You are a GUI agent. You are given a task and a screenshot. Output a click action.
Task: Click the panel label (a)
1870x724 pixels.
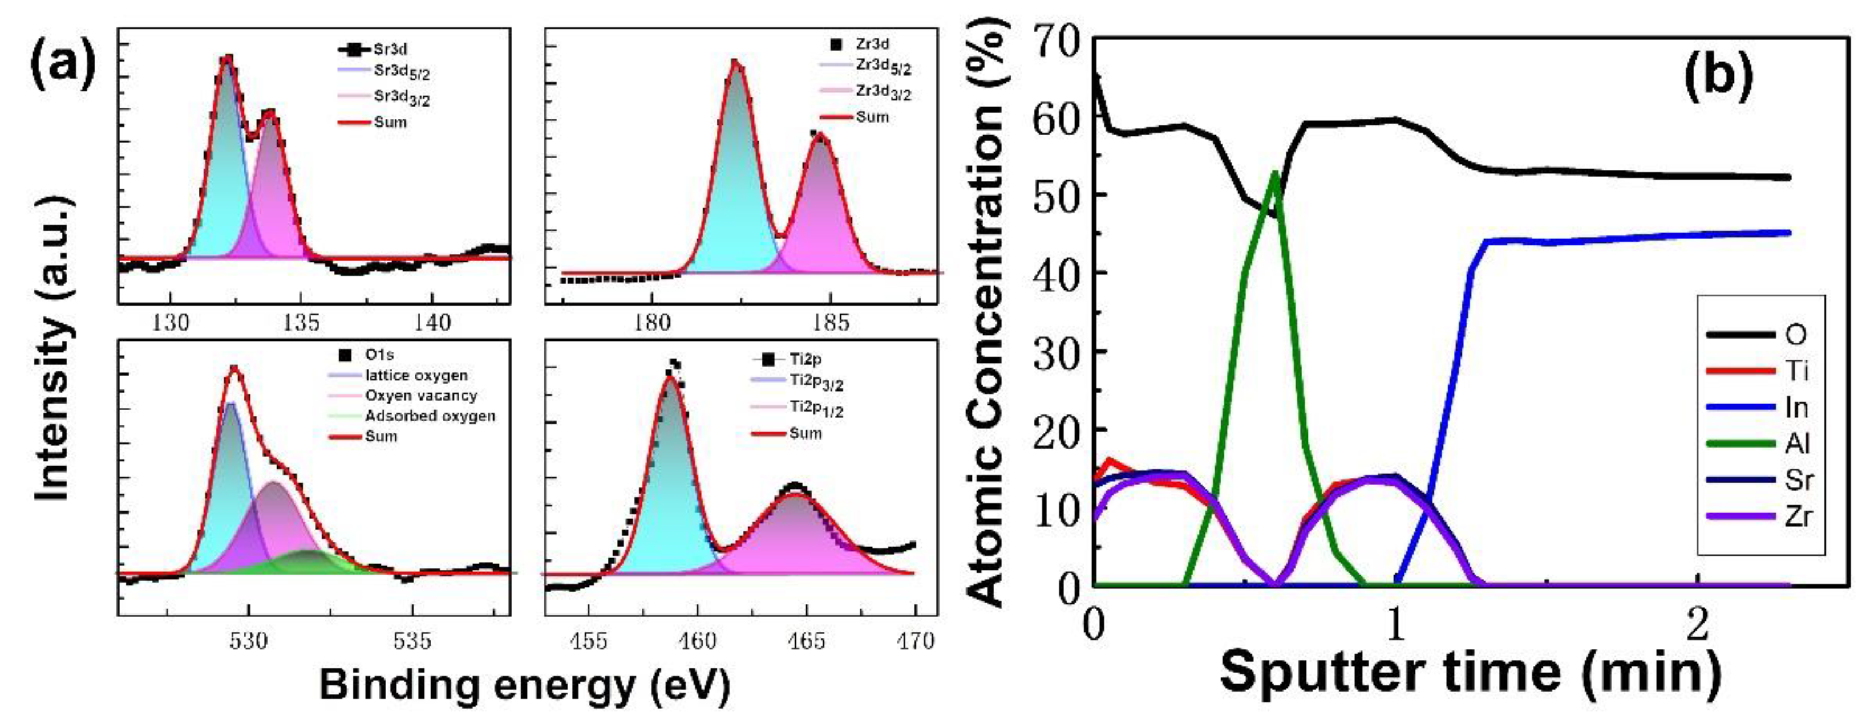click(x=62, y=67)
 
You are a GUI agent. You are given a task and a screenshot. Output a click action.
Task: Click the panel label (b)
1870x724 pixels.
click(x=1718, y=78)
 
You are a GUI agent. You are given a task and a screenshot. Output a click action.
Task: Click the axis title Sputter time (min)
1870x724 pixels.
click(x=1470, y=672)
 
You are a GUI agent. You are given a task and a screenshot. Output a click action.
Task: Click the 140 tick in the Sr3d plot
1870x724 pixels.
click(x=432, y=322)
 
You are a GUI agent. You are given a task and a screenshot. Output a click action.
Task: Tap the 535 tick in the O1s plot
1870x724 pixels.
click(x=412, y=641)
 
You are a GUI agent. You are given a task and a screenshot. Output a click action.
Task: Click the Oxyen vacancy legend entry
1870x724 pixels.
click(x=420, y=396)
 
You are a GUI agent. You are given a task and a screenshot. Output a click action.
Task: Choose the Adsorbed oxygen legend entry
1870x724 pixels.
click(x=430, y=416)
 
